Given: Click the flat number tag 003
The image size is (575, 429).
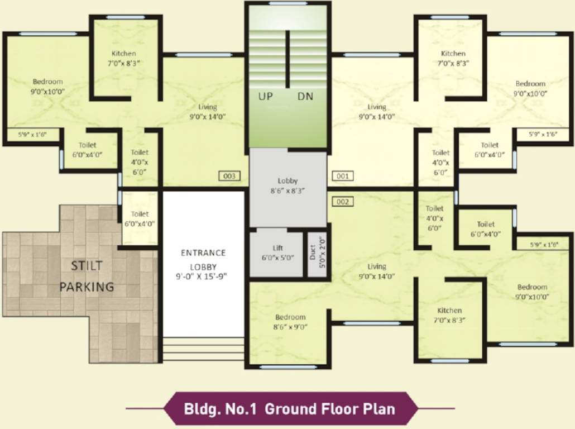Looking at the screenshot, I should [229, 177].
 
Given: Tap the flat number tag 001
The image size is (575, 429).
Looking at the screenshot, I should [343, 176].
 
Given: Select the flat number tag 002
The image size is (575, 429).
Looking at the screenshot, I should [343, 202].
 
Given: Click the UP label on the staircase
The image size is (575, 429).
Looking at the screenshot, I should [266, 96].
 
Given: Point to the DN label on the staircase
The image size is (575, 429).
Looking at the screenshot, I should [305, 96].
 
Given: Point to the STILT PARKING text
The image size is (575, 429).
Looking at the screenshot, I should [87, 276].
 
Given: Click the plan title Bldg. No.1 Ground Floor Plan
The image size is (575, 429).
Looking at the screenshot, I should [290, 408].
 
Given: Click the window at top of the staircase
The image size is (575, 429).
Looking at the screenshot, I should [287, 3].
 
